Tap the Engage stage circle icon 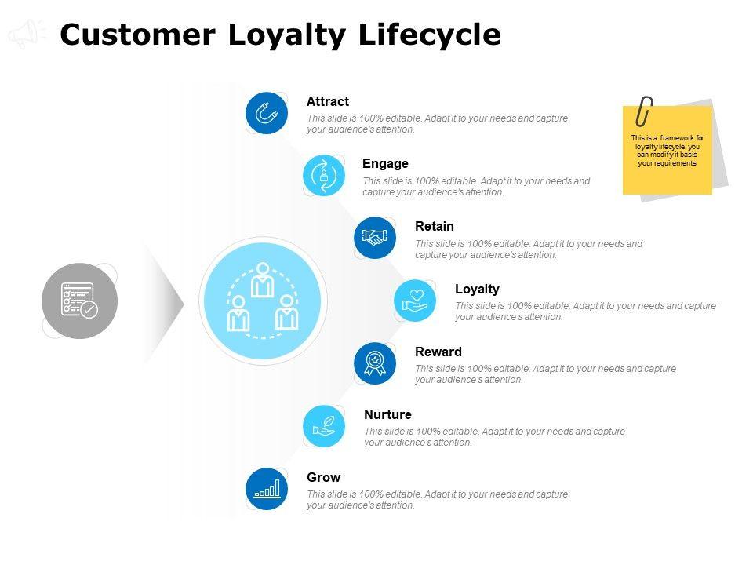pyautogui.click(x=324, y=176)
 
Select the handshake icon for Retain pyautogui.click(x=375, y=238)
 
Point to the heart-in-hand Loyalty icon pyautogui.click(x=415, y=301)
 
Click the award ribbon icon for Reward pyautogui.click(x=375, y=363)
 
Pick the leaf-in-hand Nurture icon pyautogui.click(x=324, y=425)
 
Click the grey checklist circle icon pyautogui.click(x=79, y=301)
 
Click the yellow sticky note pyautogui.click(x=668, y=153)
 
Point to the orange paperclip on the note pyautogui.click(x=645, y=111)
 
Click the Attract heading pyautogui.click(x=328, y=101)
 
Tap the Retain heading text pyautogui.click(x=435, y=226)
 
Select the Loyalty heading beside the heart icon pyautogui.click(x=477, y=289)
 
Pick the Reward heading pyautogui.click(x=438, y=352)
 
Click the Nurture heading pyautogui.click(x=387, y=414)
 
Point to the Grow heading pyautogui.click(x=323, y=477)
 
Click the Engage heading pyautogui.click(x=385, y=163)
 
